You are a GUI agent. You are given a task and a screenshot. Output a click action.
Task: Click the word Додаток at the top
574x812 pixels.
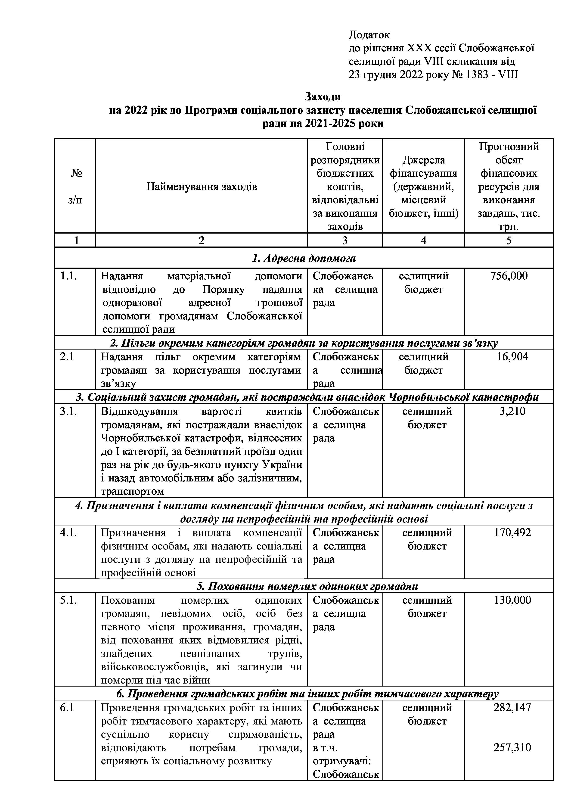pyautogui.click(x=369, y=35)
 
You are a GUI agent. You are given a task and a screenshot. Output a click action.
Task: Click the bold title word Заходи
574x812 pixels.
pyautogui.click(x=323, y=97)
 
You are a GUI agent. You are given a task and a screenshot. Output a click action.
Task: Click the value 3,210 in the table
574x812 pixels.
pyautogui.click(x=512, y=411)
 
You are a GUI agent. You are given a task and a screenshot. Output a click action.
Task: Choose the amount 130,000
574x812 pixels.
pyautogui.click(x=512, y=600)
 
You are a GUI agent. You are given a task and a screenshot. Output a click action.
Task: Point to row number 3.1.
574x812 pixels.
pyautogui.click(x=68, y=411)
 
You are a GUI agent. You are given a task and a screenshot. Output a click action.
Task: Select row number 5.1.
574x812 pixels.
pyautogui.click(x=68, y=600)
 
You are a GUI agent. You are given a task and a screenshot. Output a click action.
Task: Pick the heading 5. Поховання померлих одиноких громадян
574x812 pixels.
pyautogui.click(x=307, y=586)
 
